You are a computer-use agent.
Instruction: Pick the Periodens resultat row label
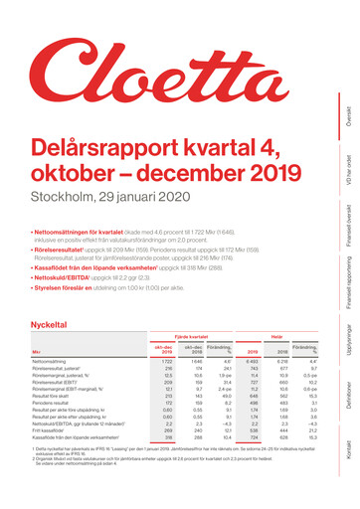(x=55, y=406)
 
